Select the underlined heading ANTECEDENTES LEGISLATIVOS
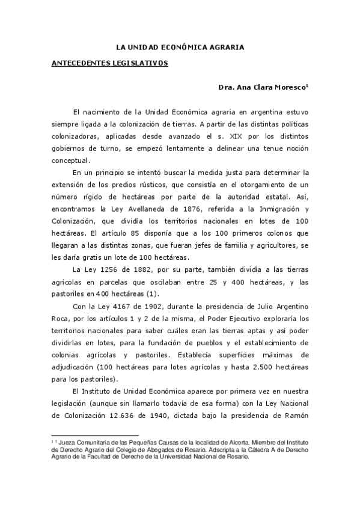click(108, 63)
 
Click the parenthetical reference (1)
click(151, 293)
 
